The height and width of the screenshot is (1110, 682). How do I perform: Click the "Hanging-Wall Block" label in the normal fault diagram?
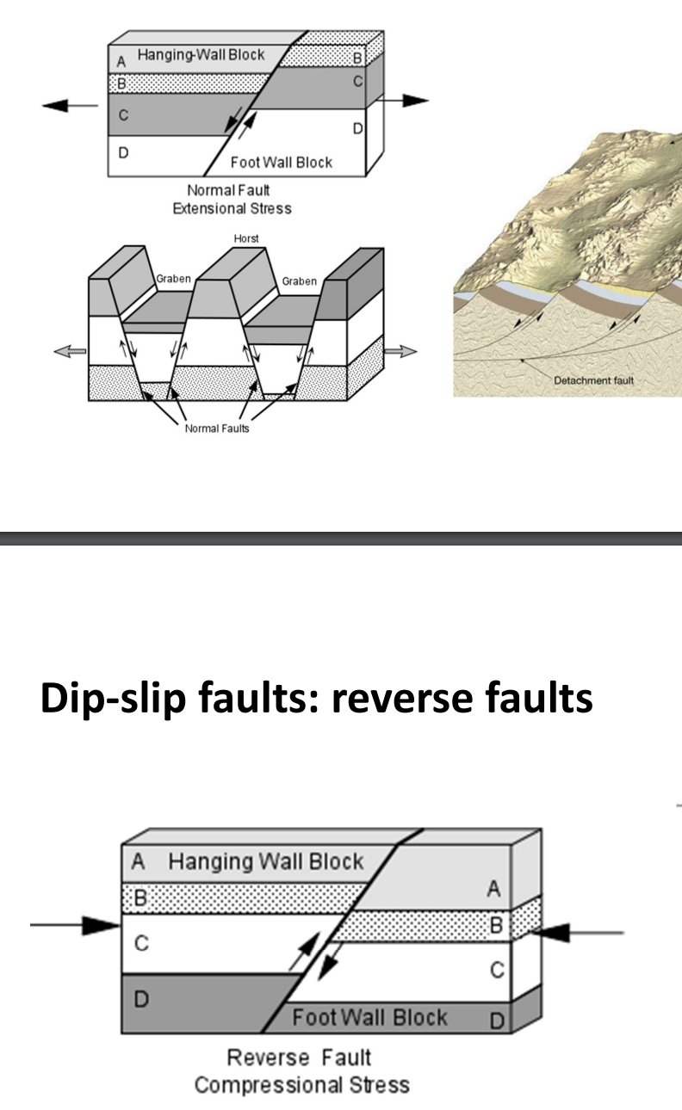(201, 55)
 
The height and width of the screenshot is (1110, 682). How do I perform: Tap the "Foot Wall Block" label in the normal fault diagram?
(281, 162)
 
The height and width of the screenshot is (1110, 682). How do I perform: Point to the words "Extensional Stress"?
(232, 208)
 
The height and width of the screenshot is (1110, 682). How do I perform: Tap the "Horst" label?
(246, 238)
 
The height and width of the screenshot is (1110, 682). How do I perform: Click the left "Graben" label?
(173, 279)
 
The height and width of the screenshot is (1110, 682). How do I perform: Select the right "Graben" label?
(299, 281)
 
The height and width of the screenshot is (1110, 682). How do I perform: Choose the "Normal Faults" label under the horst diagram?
(217, 429)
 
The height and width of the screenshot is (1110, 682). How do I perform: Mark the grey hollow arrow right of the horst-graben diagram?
(400, 350)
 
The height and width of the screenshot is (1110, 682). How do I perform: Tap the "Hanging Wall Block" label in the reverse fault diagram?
(265, 861)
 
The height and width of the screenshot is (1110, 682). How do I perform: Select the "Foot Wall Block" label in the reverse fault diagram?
(369, 1018)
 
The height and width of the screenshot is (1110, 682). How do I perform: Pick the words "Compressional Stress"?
(301, 1084)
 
